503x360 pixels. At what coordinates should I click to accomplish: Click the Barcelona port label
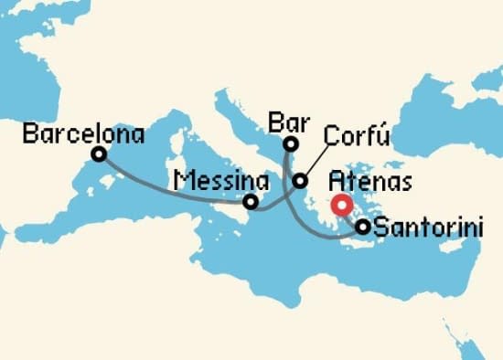click(x=84, y=135)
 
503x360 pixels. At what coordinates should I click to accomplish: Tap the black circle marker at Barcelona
click(x=99, y=155)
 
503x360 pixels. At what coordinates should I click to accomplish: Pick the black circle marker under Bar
click(x=291, y=143)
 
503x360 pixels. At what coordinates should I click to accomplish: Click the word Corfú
click(x=358, y=137)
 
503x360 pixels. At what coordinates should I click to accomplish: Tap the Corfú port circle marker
click(x=300, y=182)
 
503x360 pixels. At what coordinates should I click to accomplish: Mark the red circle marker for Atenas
click(x=342, y=206)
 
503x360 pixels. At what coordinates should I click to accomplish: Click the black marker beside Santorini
click(x=363, y=227)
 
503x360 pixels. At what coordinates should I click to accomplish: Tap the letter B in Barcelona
click(x=29, y=135)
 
